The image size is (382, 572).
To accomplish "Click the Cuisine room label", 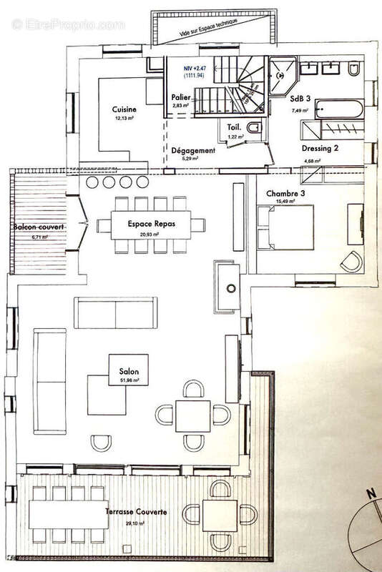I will point(124,109).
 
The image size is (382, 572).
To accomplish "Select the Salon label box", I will point(129,372).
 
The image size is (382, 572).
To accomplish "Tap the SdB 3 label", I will point(299,101).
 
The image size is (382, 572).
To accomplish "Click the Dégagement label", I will point(193,151).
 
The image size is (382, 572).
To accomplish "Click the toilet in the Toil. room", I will point(256,129).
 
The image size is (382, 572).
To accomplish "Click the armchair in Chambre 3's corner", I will point(351,261).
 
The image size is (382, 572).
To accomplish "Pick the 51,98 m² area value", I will point(129,381).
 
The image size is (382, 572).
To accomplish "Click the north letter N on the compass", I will point(370,493).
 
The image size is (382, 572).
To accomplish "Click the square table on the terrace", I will point(220,513).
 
